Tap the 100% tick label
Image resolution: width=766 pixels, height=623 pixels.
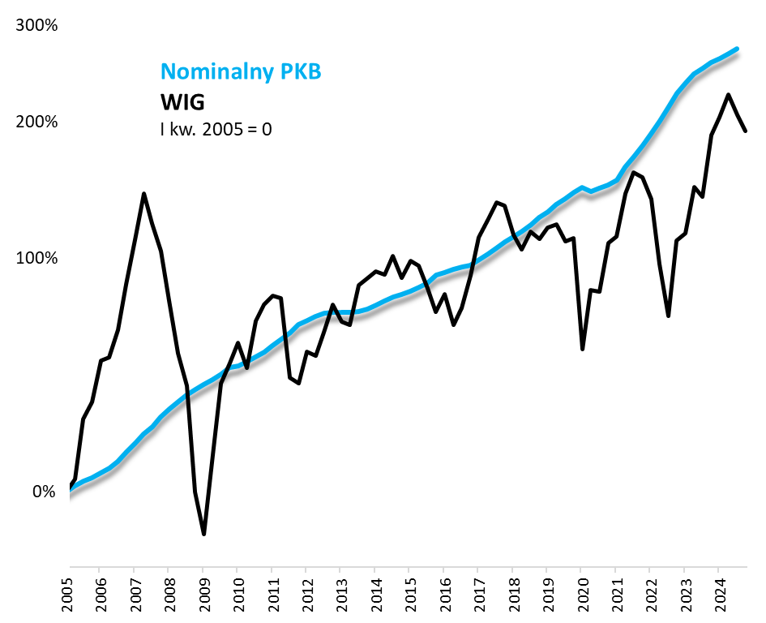click(x=36, y=258)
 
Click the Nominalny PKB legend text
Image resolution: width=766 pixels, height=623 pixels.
click(x=242, y=71)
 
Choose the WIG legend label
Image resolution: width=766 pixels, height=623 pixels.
click(x=182, y=102)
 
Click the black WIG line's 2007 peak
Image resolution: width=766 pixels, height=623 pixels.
click(x=143, y=194)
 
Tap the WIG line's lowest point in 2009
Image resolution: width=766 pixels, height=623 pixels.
click(x=203, y=534)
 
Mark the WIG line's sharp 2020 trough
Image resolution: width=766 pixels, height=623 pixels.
click(x=582, y=349)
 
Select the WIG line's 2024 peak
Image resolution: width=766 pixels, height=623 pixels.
click(x=728, y=95)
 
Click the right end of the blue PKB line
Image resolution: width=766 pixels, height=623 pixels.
click(x=737, y=49)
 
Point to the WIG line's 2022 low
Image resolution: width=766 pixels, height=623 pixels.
click(x=668, y=316)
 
